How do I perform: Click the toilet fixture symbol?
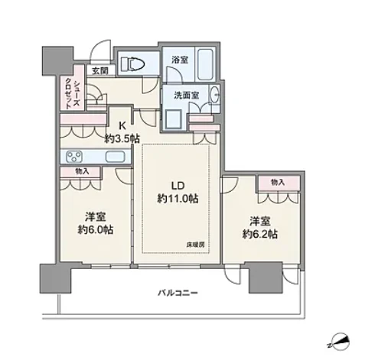[132, 63]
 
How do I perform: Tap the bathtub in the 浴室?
[205, 64]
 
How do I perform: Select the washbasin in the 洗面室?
[215, 94]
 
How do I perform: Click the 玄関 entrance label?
[99, 71]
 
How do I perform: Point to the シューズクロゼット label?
[73, 94]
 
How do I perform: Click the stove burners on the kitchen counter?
[74, 157]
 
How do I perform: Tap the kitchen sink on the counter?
[116, 157]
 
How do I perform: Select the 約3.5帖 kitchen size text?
[122, 139]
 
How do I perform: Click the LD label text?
[178, 186]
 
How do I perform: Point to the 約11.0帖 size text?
[178, 199]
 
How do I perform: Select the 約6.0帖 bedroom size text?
[96, 230]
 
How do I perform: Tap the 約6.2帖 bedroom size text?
[260, 234]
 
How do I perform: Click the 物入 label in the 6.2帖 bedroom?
[278, 182]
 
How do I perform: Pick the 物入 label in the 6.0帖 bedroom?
[82, 171]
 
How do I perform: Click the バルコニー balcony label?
[178, 293]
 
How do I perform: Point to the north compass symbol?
[338, 342]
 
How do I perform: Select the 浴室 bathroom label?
[180, 60]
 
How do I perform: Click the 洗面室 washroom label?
[187, 96]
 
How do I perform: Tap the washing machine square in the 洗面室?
[174, 119]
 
